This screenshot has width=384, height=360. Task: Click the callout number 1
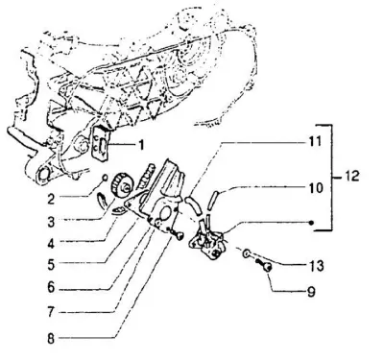pos(141,145)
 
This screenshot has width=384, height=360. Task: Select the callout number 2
pos(51,199)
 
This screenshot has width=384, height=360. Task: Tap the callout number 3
pos(51,222)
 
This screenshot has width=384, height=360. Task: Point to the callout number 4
pos(51,244)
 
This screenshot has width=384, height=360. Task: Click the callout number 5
pos(51,265)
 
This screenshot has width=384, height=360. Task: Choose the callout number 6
pos(51,287)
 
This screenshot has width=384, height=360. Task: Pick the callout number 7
pos(51,312)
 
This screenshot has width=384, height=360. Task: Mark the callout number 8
pos(51,339)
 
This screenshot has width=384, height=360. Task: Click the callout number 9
pos(310,292)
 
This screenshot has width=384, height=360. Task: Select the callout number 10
pos(316,187)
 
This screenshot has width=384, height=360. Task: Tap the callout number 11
pos(315,141)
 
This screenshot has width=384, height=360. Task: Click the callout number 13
pos(316,266)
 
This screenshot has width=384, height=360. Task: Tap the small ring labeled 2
pos(104,177)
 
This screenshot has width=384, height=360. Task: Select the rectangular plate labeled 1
pos(101,144)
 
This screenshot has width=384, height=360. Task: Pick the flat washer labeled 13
pos(247,254)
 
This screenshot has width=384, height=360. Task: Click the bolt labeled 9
pos(265,266)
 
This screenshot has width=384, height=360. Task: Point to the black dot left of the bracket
pos(312,223)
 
